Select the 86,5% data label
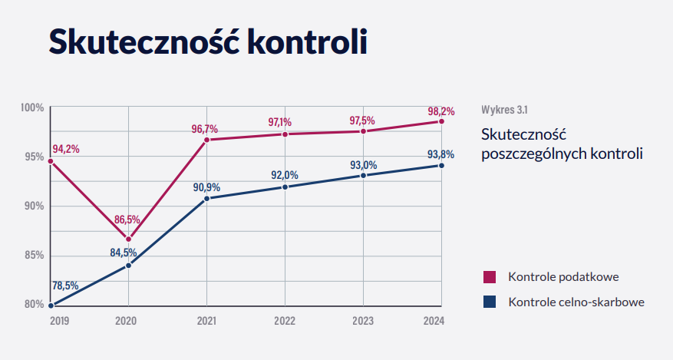[127, 220]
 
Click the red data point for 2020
[128, 239]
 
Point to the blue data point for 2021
[206, 199]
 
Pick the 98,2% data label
[441, 111]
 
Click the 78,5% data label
[66, 286]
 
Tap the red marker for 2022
[285, 134]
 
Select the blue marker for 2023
[363, 176]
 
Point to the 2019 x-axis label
[59, 319]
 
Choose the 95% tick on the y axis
[32, 157]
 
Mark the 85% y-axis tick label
[32, 255]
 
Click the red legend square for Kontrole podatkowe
[489, 276]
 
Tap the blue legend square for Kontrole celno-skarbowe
[489, 302]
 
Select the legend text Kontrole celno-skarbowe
[576, 302]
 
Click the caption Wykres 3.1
[505, 108]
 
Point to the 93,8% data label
[441, 154]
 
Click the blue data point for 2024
[441, 165]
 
